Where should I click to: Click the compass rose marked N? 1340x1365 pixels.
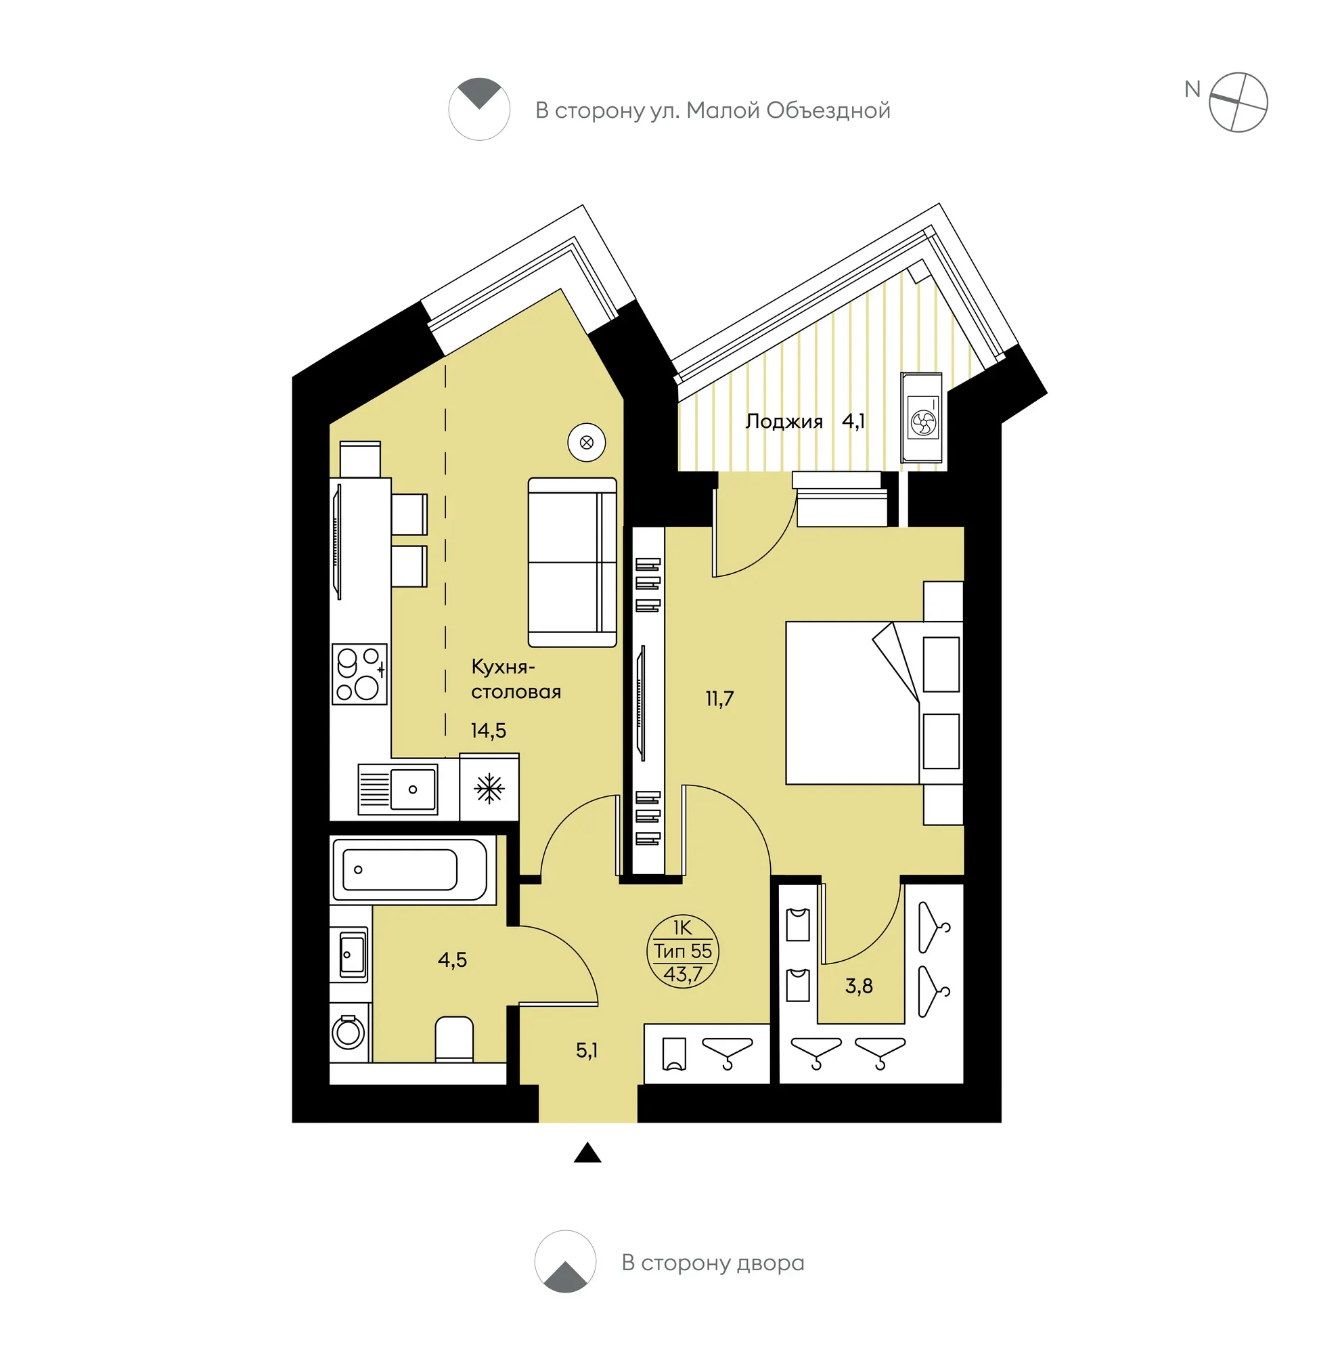[1238, 102]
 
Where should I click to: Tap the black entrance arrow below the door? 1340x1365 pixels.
[587, 1153]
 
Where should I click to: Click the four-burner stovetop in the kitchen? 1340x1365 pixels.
[359, 674]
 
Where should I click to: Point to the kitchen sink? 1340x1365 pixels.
[398, 789]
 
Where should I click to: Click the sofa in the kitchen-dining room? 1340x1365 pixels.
[572, 563]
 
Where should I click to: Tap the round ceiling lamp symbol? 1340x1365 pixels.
[586, 443]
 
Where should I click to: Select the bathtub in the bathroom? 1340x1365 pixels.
[409, 869]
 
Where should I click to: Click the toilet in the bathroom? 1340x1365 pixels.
[454, 1039]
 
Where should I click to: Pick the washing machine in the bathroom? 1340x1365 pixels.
[349, 1033]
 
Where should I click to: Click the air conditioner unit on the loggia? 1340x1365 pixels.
[922, 418]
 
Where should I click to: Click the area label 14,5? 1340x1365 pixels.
[489, 730]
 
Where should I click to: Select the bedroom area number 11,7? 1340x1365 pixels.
[719, 698]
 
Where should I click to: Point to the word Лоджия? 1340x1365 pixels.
[784, 422]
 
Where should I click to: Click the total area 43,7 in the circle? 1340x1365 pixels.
[683, 974]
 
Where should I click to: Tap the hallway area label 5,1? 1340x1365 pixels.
[586, 1050]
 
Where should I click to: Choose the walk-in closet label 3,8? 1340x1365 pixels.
[859, 986]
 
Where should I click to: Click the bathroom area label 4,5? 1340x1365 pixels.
[452, 959]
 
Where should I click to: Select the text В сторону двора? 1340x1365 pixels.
[713, 1263]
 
